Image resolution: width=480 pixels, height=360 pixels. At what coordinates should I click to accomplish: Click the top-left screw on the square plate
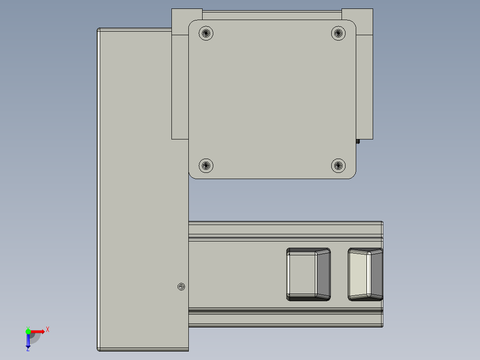[x=206, y=33]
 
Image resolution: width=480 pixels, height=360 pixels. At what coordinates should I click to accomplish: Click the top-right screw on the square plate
[x=338, y=33]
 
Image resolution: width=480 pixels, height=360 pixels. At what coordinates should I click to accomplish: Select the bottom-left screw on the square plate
[x=206, y=166]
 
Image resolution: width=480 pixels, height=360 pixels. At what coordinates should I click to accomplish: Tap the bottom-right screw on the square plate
[x=338, y=166]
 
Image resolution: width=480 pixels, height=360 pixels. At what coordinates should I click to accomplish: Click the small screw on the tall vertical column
[x=181, y=287]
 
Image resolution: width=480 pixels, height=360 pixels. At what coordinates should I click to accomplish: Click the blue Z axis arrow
[x=28, y=341]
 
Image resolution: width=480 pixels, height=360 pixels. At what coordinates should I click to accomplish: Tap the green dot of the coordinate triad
[x=28, y=331]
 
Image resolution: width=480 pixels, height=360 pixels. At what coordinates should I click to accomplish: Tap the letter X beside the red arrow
[x=48, y=330]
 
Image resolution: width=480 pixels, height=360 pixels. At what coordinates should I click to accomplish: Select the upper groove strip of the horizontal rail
[x=285, y=230]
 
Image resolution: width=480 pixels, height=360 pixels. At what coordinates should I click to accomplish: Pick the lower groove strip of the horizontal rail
[x=285, y=318]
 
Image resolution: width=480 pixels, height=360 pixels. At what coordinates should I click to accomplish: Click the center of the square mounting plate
[x=272, y=99]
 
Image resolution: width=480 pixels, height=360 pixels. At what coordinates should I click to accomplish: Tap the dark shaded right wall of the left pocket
[x=324, y=274]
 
